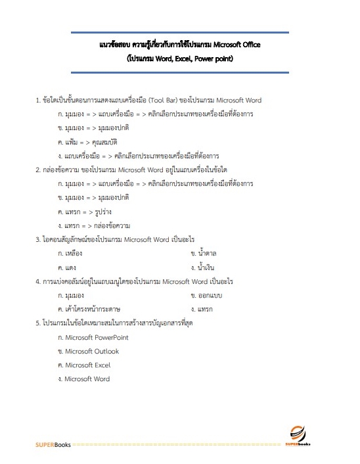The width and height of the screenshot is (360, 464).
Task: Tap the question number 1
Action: tap(37, 101)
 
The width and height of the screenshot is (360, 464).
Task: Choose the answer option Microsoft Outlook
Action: tap(91, 351)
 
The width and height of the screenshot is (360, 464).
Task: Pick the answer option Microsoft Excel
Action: tap(87, 365)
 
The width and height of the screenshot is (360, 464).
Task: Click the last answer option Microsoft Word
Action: tap(87, 379)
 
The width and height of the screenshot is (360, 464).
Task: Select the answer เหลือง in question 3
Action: tap(73, 253)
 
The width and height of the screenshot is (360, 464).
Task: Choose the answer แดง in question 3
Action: tap(70, 267)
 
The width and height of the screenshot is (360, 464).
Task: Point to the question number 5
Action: tap(37, 323)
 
